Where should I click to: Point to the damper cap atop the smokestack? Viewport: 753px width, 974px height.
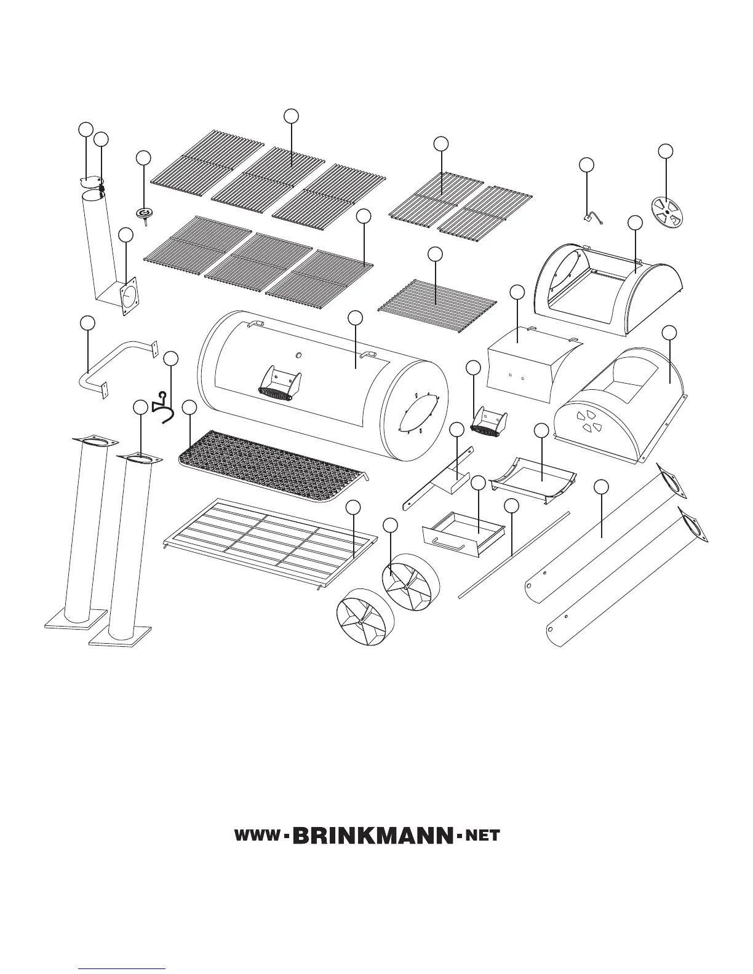(90, 180)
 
